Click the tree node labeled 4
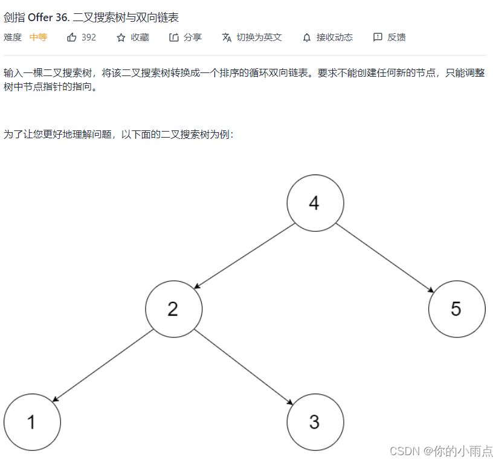(315, 203)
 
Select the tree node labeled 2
(173, 309)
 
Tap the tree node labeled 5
(456, 309)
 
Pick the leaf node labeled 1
(32, 422)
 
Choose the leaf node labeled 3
(315, 422)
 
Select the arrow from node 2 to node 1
(103, 366)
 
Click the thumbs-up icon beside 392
(72, 37)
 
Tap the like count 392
(88, 37)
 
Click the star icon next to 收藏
(121, 37)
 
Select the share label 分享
(193, 37)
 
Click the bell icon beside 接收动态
(307, 37)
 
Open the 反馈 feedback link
(396, 37)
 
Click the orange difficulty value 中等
(38, 37)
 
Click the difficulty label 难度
(13, 37)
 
